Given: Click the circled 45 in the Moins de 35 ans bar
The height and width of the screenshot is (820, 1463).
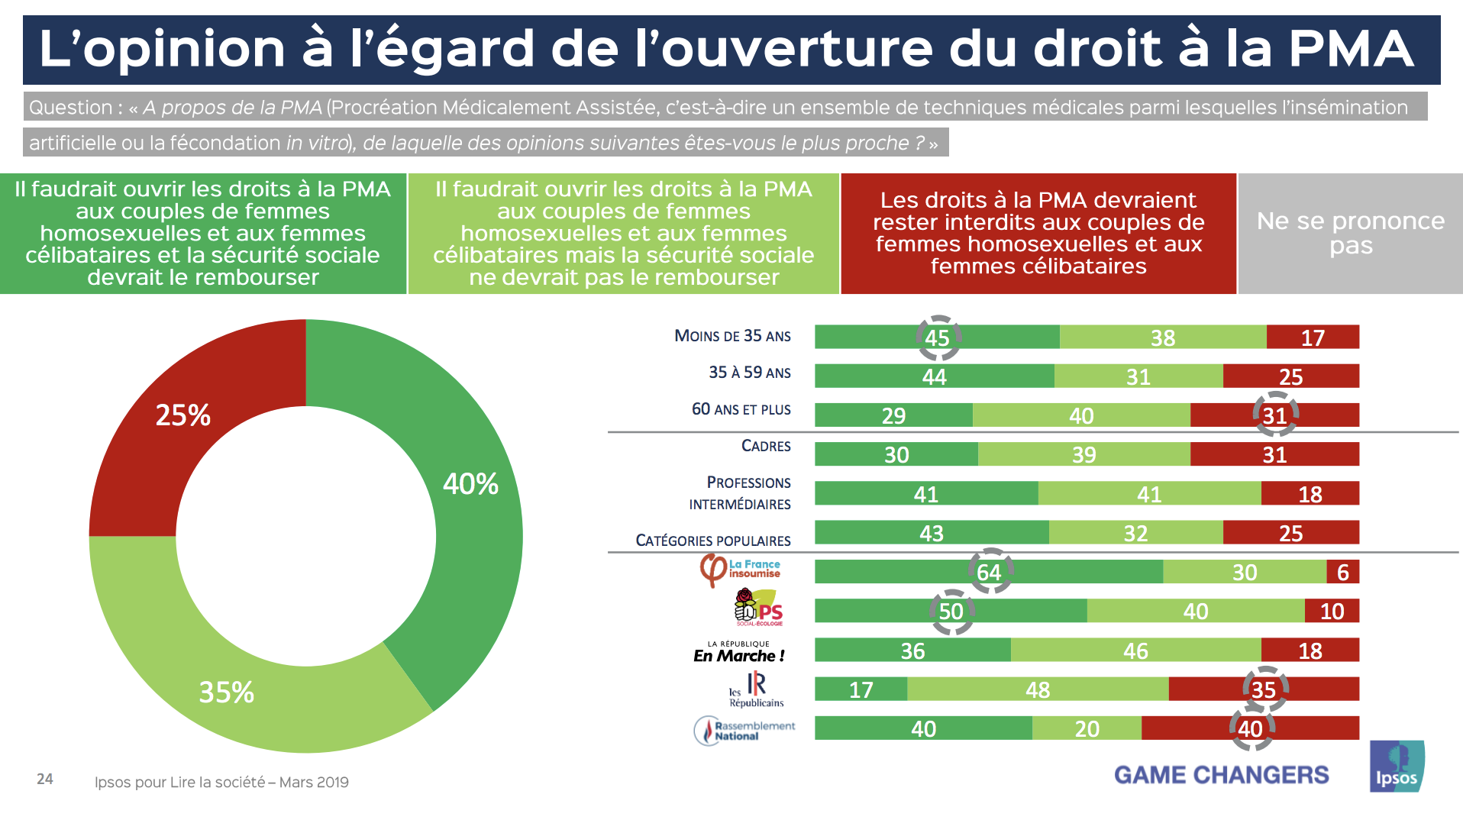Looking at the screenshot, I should [x=938, y=337].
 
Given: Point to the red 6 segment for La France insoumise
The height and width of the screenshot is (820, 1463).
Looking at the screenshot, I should [x=1342, y=572].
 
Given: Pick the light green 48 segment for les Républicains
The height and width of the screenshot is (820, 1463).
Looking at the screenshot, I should [x=1038, y=689].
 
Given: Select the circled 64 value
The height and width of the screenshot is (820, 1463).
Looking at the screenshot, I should [x=990, y=572].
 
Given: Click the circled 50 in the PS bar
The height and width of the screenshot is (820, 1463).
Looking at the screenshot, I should [x=951, y=612].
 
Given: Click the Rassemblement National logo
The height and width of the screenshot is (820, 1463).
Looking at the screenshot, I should [x=744, y=730].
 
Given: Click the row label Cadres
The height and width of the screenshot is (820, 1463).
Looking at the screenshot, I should [x=766, y=446].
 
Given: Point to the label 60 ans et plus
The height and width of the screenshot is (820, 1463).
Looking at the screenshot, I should [x=741, y=409].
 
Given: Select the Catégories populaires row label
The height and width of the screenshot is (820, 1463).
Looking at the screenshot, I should [x=713, y=541].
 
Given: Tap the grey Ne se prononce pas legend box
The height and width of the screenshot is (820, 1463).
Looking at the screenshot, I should [x=1350, y=233].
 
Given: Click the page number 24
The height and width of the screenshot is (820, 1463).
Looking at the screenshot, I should [x=45, y=779].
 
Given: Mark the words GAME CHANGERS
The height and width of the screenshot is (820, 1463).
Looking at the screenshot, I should [x=1221, y=775].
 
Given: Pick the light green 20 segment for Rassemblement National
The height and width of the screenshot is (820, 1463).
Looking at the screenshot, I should [x=1087, y=728].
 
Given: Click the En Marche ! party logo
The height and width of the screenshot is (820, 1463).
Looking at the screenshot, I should [x=738, y=651].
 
